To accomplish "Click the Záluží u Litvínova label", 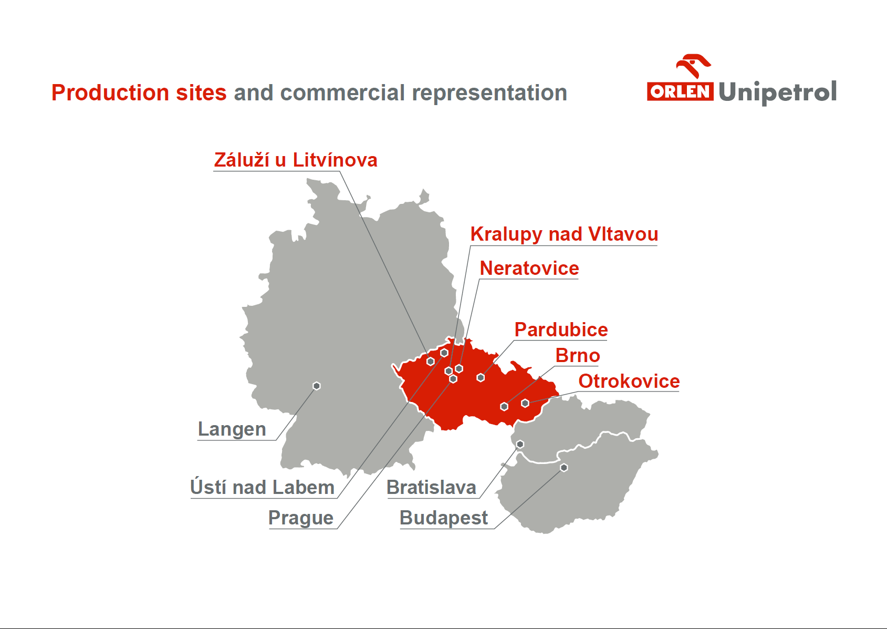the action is (295, 160).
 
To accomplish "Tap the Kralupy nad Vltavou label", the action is (564, 234).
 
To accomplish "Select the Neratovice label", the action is (529, 269).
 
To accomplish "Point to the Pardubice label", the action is (561, 329).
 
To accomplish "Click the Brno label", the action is (577, 356).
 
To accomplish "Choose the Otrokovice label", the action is (629, 381).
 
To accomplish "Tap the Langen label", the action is (232, 429).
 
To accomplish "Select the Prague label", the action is (301, 518).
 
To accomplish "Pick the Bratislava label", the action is (431, 487).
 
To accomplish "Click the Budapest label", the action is (443, 518).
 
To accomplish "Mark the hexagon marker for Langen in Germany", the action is (316, 386).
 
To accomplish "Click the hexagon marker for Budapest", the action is (564, 468).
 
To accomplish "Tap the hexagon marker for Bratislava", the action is (520, 445).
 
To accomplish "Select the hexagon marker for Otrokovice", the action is (525, 403).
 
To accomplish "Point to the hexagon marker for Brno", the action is (504, 406).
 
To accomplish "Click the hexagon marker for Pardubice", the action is (481, 377).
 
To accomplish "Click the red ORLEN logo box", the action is (680, 91).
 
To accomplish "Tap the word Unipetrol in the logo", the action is (777, 92).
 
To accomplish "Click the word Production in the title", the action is (110, 92).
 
